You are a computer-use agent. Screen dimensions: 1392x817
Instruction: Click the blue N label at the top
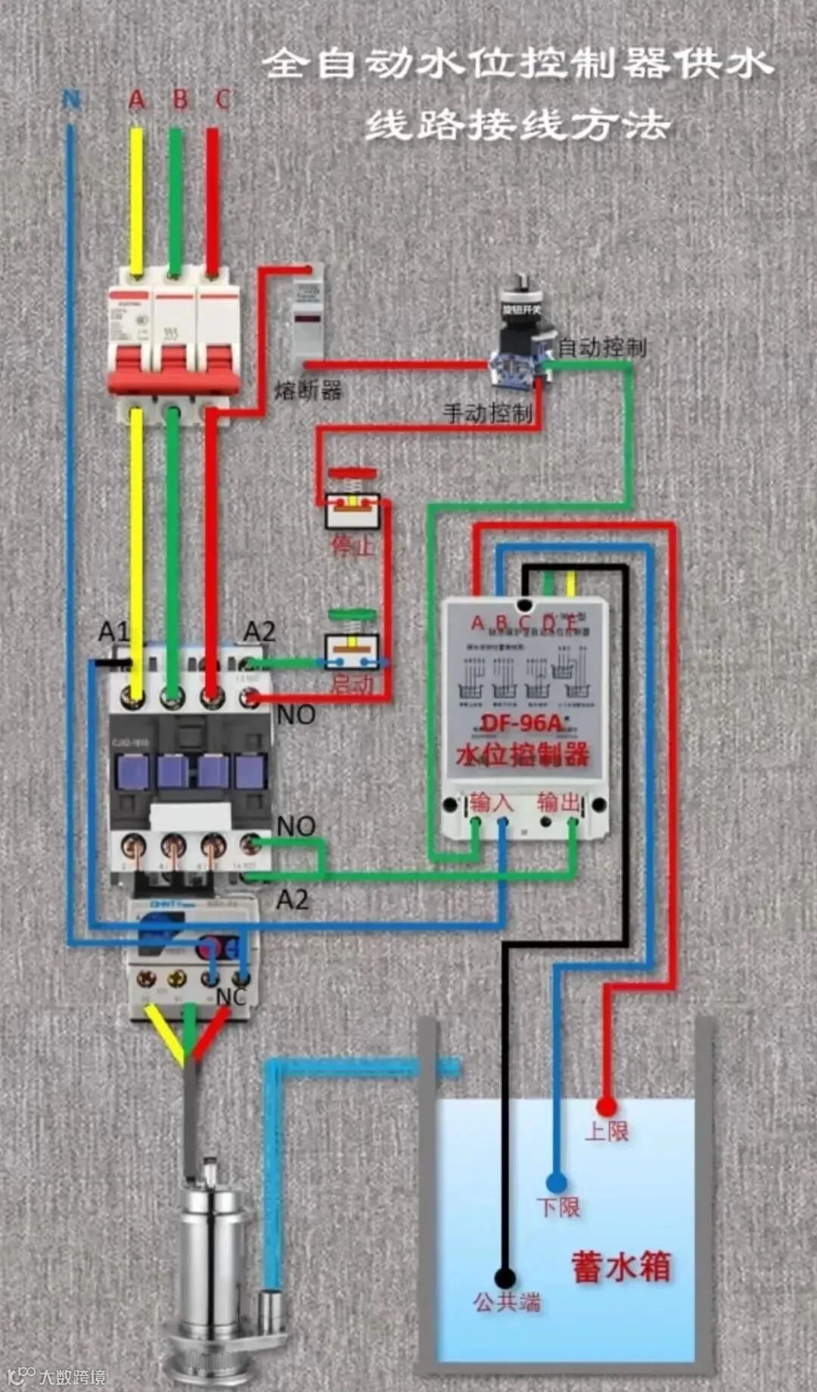[x=71, y=99]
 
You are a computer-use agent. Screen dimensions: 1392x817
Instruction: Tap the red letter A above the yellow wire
[x=137, y=99]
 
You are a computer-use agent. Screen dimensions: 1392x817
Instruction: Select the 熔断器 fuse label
[x=308, y=390]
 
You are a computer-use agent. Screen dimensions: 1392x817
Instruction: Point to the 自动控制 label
[x=602, y=347]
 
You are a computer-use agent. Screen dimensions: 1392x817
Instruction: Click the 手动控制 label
[x=488, y=413]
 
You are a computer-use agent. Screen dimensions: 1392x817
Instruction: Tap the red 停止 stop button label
[x=353, y=545]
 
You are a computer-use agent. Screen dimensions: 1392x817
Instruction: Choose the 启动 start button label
[x=353, y=685]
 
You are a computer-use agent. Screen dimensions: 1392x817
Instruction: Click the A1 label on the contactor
[x=113, y=632]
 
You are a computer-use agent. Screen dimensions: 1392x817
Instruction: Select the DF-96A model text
[x=522, y=723]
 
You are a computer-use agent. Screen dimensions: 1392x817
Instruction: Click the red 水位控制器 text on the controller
[x=522, y=754]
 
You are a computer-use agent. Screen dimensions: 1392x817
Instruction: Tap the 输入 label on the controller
[x=490, y=801]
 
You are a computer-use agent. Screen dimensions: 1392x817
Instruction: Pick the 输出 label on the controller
[x=558, y=801]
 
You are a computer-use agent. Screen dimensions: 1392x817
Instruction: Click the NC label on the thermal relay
[x=231, y=996]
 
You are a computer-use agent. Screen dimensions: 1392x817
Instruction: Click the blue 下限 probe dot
[x=556, y=1182]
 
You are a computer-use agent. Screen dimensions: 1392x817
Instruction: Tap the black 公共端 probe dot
[x=505, y=1279]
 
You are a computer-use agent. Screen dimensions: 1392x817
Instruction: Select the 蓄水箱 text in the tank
[x=621, y=1267]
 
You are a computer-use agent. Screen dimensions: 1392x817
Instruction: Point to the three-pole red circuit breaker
[x=173, y=340]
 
